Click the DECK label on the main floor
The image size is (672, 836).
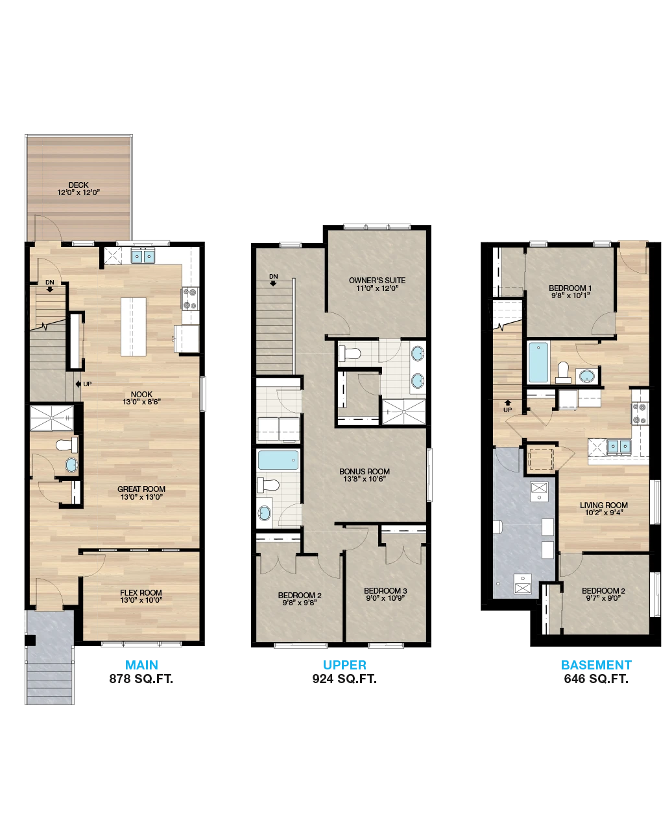pyautogui.click(x=78, y=185)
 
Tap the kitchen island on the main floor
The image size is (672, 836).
pyautogui.click(x=134, y=327)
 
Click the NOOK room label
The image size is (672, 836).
pyautogui.click(x=141, y=394)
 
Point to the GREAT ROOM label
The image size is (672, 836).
pyautogui.click(x=141, y=489)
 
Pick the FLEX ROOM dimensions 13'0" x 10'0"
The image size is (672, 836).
pyautogui.click(x=141, y=600)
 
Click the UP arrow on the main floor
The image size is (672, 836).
pyautogui.click(x=78, y=384)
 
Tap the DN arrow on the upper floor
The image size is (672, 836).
pyautogui.click(x=273, y=283)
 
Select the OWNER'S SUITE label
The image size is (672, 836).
pyautogui.click(x=377, y=280)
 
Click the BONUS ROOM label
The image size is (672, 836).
pyautogui.click(x=365, y=471)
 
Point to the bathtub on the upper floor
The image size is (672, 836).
pyautogui.click(x=278, y=460)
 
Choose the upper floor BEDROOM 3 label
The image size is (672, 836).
pyautogui.click(x=385, y=591)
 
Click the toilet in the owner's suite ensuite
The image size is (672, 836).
pyautogui.click(x=350, y=353)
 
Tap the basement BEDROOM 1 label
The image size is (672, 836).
pyautogui.click(x=570, y=288)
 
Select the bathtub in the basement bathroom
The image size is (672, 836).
pyautogui.click(x=538, y=362)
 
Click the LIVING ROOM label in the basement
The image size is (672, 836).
pyautogui.click(x=603, y=505)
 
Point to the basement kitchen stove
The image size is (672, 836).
pyautogui.click(x=640, y=413)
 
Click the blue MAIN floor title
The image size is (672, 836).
pyautogui.click(x=141, y=665)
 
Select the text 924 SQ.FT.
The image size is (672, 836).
pyautogui.click(x=344, y=679)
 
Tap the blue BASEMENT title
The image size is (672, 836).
pyautogui.click(x=596, y=665)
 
